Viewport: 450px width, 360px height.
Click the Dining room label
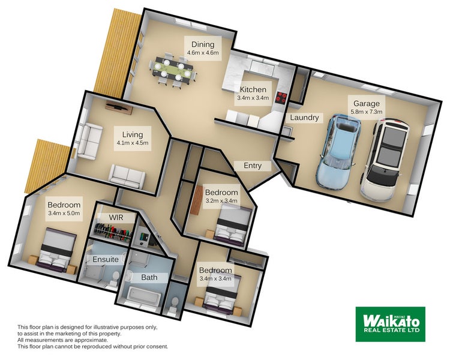point(203,44)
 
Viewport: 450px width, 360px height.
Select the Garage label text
point(366,103)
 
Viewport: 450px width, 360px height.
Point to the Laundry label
point(304,118)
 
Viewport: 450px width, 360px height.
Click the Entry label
point(252,166)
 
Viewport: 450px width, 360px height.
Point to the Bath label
point(149,278)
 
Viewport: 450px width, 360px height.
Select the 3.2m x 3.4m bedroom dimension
point(221,200)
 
